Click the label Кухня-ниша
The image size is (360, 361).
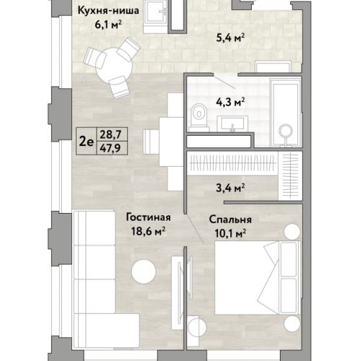109,11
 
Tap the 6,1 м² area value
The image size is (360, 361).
108,25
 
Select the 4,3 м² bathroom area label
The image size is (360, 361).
230,102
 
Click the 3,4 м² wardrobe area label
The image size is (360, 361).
230,188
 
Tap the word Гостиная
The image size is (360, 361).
149,217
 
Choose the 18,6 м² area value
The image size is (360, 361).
148,232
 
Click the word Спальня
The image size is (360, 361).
230,219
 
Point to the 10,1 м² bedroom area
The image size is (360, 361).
230,233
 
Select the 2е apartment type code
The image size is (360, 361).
86,142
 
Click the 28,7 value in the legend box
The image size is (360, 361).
110,134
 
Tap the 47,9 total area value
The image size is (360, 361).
110,148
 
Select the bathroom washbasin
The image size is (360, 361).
232,123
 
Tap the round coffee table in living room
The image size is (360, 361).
144,271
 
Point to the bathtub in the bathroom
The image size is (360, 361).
286,113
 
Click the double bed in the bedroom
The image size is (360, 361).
258,277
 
